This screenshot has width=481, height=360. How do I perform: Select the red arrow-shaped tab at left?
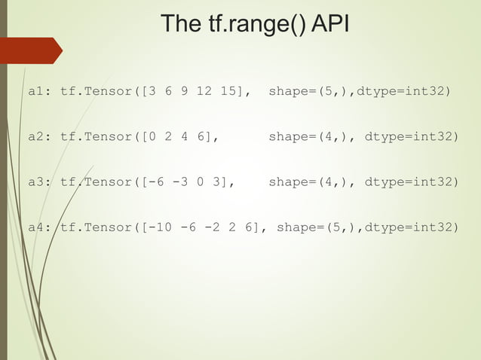point(31,50)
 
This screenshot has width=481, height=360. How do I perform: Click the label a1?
point(40,92)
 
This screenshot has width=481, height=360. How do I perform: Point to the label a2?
point(40,137)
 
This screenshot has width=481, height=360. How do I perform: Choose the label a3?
point(40,182)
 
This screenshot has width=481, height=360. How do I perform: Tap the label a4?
point(40,227)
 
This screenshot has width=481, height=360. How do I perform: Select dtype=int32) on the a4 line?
point(411,227)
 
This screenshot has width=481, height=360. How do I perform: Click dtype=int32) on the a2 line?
point(411,137)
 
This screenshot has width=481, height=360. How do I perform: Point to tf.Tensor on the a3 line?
point(96,182)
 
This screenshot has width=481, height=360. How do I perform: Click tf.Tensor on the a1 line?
point(96,92)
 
